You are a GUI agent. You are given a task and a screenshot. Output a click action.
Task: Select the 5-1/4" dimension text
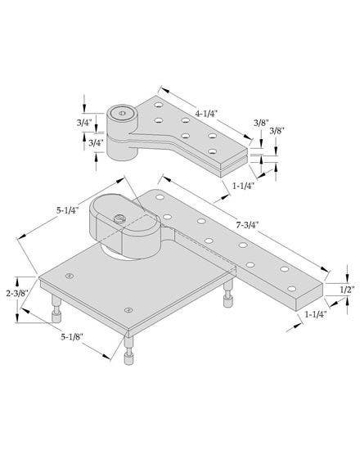click(x=68, y=209)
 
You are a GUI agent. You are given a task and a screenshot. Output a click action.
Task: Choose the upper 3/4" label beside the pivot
click(x=84, y=124)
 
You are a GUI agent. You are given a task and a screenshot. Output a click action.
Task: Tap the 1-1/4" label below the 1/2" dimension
click(x=317, y=314)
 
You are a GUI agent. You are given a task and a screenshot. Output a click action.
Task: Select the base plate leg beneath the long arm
click(x=227, y=299)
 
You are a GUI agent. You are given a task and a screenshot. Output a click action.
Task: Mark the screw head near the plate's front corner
click(x=128, y=310)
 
